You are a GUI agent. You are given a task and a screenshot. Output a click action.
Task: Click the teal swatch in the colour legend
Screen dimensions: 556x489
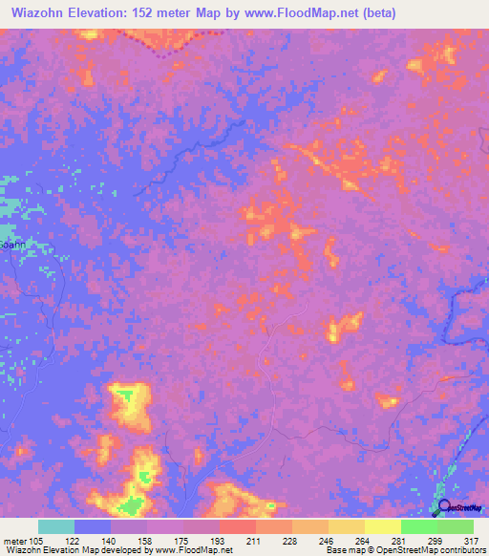coord(55,526)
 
